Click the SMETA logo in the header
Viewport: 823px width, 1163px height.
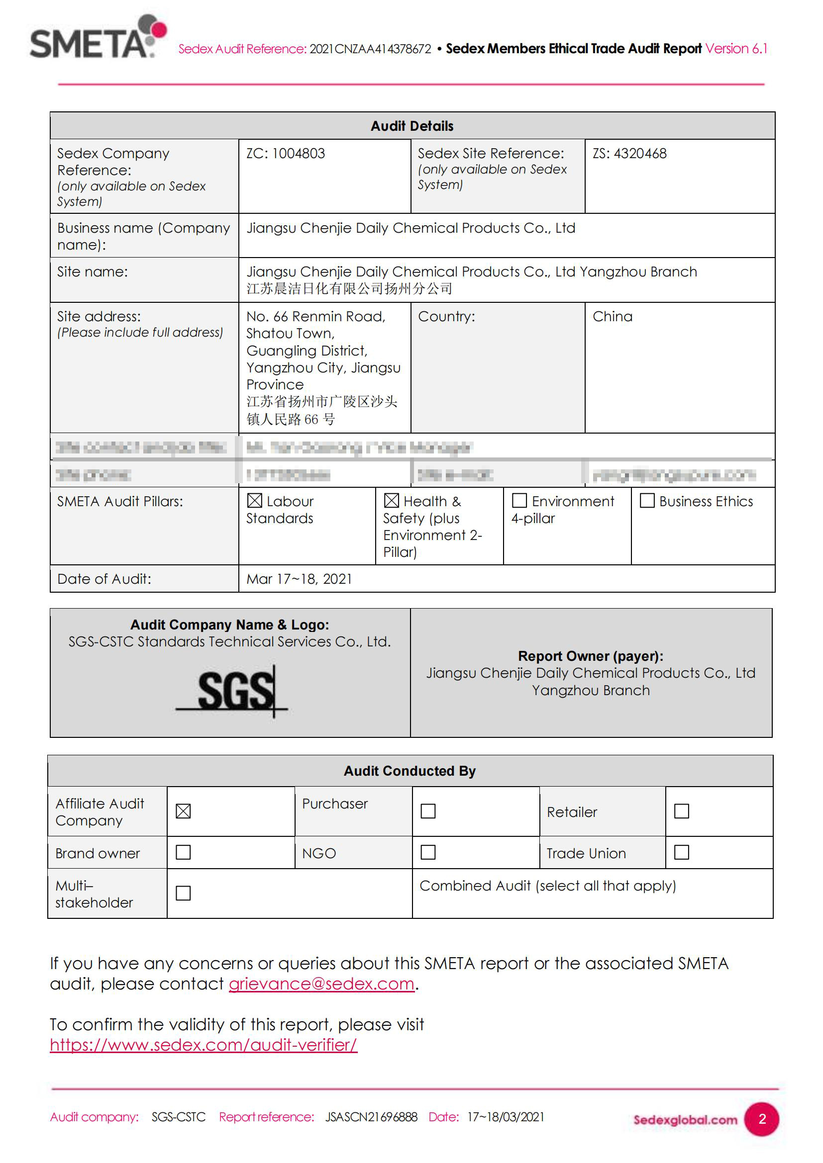click(x=98, y=37)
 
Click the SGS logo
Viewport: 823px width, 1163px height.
click(x=233, y=691)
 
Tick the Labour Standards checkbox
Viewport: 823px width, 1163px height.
click(x=254, y=501)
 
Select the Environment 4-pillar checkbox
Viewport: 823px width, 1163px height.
click(x=519, y=501)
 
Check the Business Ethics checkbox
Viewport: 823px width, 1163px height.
click(x=647, y=501)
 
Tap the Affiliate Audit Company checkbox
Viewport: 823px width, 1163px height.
click(x=183, y=811)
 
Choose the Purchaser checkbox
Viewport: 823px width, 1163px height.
click(x=428, y=811)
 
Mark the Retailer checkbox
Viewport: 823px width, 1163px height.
click(x=682, y=811)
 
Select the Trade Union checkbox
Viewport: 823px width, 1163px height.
click(x=682, y=853)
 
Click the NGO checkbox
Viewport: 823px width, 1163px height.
click(x=428, y=853)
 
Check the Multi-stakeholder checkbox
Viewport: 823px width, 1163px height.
click(x=183, y=893)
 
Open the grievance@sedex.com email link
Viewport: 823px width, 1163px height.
click(x=321, y=984)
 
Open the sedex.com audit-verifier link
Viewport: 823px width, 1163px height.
click(x=203, y=1045)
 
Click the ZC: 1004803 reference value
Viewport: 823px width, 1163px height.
click(x=285, y=154)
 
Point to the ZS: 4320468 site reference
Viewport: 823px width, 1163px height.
click(x=629, y=154)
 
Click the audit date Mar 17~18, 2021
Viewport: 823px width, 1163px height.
click(x=299, y=579)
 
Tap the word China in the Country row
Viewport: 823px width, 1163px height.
click(x=612, y=317)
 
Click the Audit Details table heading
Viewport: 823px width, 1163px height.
click(x=411, y=126)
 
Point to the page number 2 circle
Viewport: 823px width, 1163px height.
click(x=762, y=1119)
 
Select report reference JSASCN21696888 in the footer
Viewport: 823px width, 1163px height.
click(x=371, y=1117)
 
